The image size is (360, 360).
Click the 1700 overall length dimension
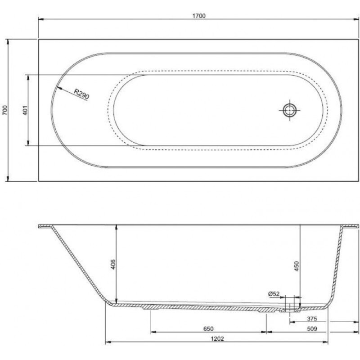(x=199, y=16)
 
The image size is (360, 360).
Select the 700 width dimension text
(x=5, y=110)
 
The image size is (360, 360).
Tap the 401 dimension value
(x=25, y=110)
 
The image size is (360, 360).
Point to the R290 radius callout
(x=81, y=94)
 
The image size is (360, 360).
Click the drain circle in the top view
(x=289, y=110)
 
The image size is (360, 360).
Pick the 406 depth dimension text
(x=113, y=264)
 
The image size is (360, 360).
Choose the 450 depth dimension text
(x=297, y=266)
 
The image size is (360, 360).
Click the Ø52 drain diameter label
(x=274, y=294)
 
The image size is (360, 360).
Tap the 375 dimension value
(x=312, y=319)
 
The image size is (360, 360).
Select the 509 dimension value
(x=312, y=329)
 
